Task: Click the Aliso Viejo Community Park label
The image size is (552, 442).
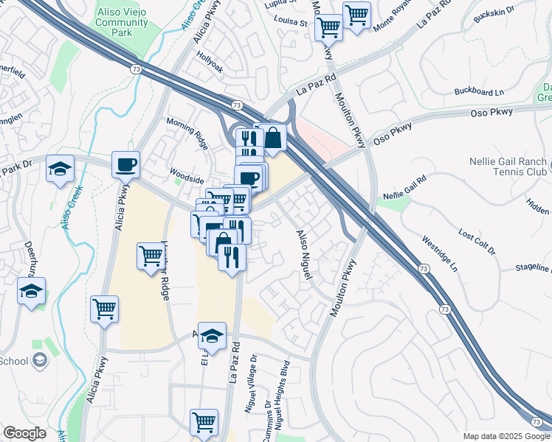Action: (123, 21)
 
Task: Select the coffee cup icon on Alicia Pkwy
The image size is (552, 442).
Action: (125, 164)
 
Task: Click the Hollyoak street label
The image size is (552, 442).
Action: (210, 62)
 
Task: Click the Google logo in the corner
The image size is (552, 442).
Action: (24, 434)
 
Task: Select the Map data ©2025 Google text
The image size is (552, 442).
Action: (506, 436)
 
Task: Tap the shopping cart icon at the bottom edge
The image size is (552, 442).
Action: (204, 422)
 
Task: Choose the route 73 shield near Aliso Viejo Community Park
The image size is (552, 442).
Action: (135, 69)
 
